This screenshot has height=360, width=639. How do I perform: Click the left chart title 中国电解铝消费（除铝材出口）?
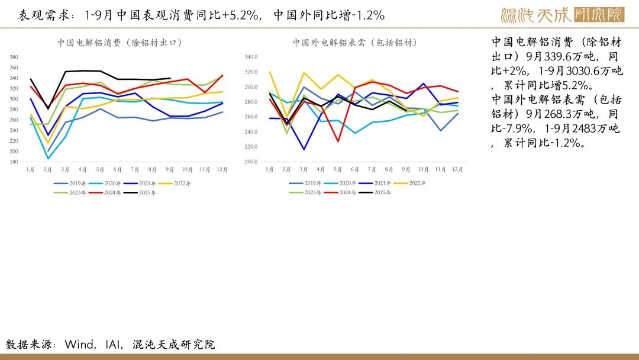click(x=119, y=43)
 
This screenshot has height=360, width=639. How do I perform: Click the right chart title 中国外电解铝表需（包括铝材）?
click(x=355, y=43)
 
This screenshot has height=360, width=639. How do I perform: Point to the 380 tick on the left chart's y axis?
click(x=14, y=57)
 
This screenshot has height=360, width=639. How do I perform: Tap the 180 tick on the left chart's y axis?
click(x=14, y=162)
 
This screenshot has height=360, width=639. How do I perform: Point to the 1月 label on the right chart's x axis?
click(x=269, y=169)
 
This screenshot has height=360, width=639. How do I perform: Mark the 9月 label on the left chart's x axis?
click(x=170, y=169)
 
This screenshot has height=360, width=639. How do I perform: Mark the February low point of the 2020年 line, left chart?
click(x=49, y=159)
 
